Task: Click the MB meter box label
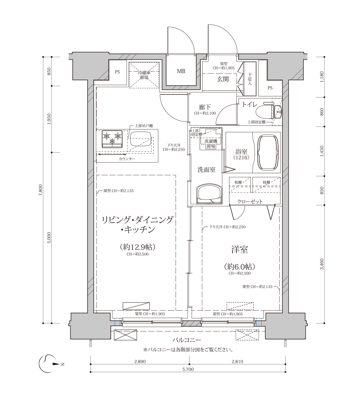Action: (181, 71)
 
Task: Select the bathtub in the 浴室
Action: (268, 153)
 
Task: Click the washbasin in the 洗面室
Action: (209, 194)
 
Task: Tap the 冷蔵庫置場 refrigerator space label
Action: (144, 75)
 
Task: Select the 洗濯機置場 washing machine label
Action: (211, 143)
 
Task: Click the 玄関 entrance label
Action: (223, 80)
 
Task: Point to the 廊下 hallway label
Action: (205, 107)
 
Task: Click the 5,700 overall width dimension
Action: (188, 369)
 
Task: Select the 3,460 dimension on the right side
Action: (322, 264)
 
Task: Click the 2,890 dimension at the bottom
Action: (140, 361)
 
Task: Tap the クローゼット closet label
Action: (250, 201)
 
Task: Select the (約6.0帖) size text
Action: (240, 266)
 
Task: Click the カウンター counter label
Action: (127, 159)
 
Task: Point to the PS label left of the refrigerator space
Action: (117, 72)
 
